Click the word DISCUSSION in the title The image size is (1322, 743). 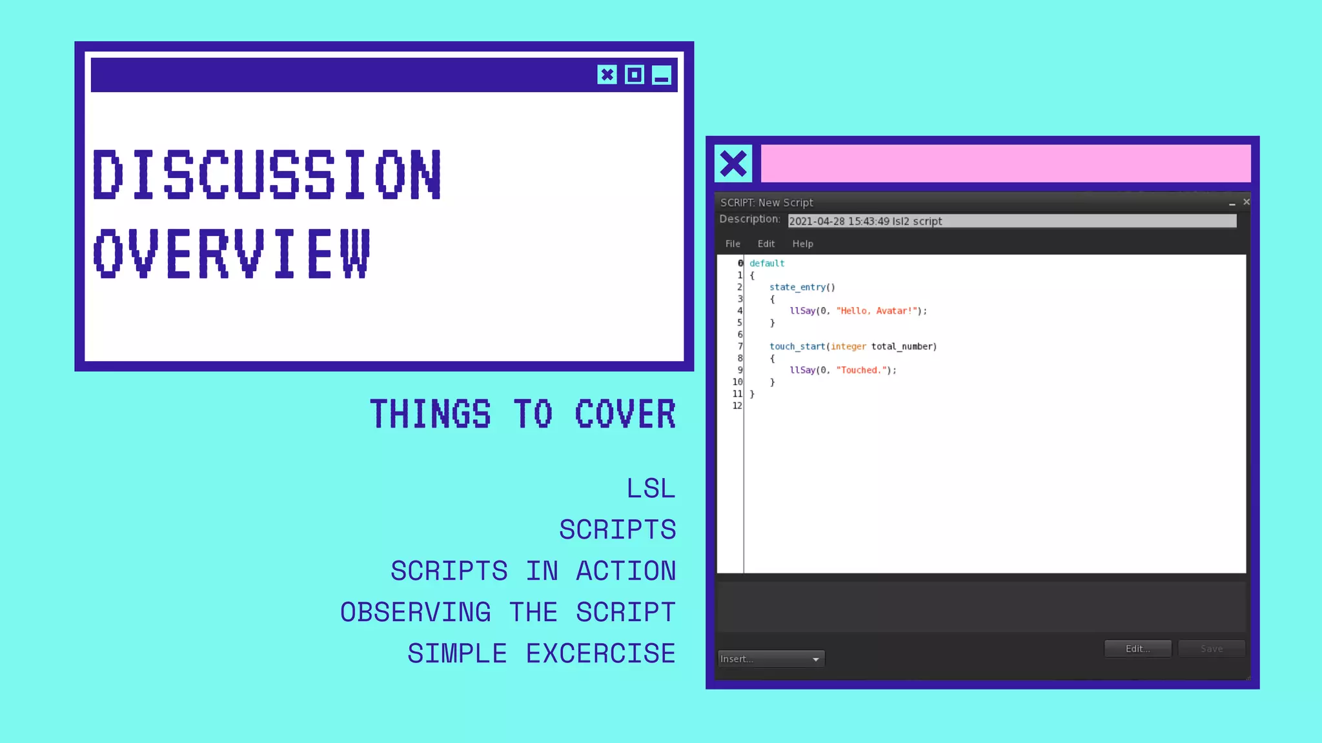click(x=267, y=174)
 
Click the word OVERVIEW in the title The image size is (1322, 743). click(x=232, y=253)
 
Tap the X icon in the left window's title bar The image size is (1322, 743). click(x=607, y=75)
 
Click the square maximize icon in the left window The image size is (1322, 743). click(x=635, y=75)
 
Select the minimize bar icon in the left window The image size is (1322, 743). click(x=662, y=75)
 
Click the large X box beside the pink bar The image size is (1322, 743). click(x=733, y=163)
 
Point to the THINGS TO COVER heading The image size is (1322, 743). click(x=523, y=414)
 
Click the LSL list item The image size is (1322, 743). click(x=651, y=488)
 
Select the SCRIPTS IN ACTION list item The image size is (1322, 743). click(x=533, y=571)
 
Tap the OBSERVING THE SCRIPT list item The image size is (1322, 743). click(x=508, y=612)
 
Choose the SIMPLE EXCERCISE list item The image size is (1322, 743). click(x=542, y=653)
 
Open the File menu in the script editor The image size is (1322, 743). click(x=733, y=244)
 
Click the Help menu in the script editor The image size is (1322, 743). click(x=802, y=244)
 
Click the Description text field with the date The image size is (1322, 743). click(x=1012, y=221)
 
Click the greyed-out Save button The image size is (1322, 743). click(x=1211, y=649)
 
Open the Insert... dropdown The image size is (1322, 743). click(x=771, y=659)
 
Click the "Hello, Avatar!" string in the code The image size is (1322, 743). click(x=877, y=311)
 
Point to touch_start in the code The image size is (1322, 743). click(x=797, y=346)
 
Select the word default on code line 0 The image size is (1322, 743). click(x=767, y=263)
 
